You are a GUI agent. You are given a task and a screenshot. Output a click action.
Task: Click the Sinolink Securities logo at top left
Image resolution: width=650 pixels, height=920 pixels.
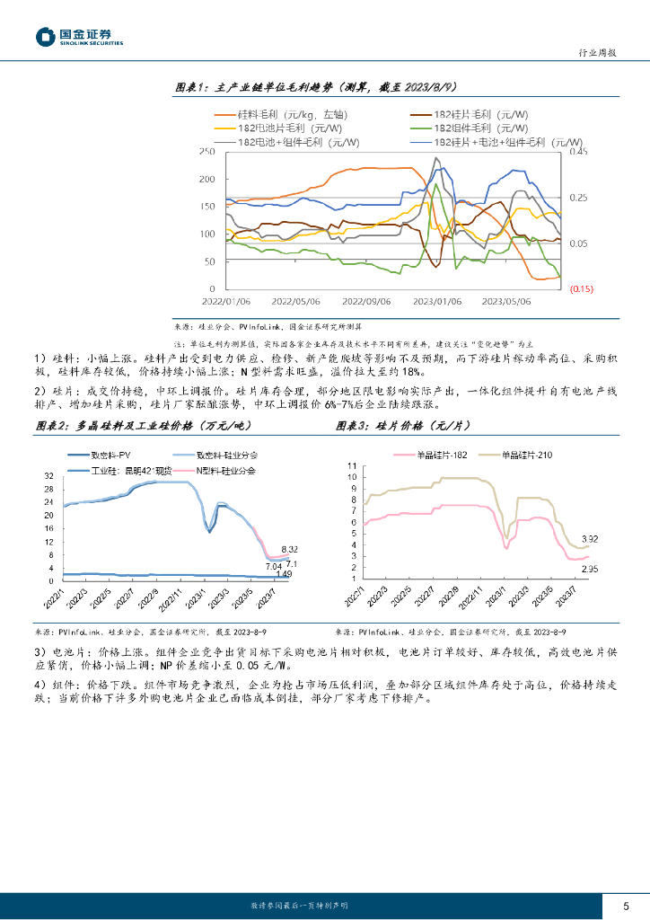(79, 36)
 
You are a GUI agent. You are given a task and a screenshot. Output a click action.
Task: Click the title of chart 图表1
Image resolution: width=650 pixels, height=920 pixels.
(316, 87)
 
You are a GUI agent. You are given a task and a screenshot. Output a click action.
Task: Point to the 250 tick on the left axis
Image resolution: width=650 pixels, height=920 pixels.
(207, 152)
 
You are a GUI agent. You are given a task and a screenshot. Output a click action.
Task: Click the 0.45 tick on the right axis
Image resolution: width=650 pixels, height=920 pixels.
(576, 152)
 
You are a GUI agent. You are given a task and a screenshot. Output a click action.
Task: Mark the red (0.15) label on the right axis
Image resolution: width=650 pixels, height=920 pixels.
(581, 289)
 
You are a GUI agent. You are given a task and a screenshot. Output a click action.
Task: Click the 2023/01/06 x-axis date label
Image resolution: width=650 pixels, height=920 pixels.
(437, 303)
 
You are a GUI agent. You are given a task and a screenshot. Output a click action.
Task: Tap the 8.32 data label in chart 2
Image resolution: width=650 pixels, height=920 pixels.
(290, 549)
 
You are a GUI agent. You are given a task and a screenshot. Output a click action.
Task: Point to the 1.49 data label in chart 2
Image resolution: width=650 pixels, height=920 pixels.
(284, 574)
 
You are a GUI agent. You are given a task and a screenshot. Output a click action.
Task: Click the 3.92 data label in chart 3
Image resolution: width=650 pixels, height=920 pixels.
(590, 539)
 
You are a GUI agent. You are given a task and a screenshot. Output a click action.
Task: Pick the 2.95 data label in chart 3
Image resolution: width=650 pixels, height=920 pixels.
(590, 569)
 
